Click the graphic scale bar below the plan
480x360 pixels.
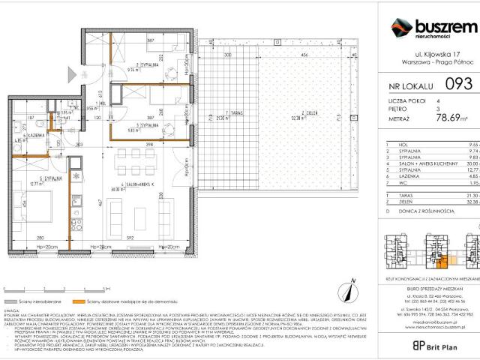coord(25,287)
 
